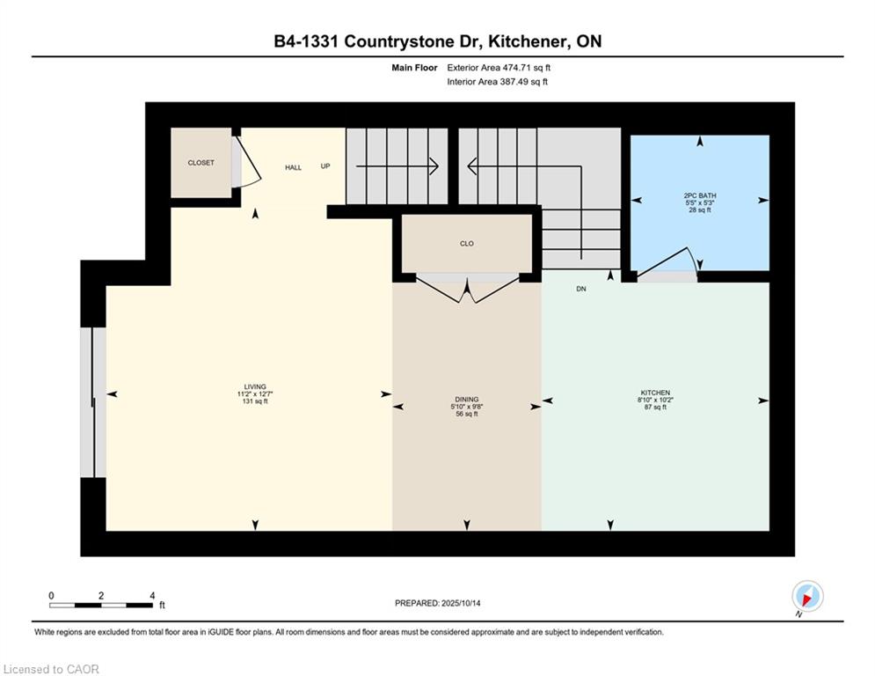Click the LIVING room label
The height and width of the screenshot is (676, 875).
[255, 386]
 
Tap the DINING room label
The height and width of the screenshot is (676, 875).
[466, 400]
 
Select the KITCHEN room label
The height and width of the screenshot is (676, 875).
[655, 393]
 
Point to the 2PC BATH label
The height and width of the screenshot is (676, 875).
[700, 195]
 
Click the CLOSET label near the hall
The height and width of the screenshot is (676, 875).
[201, 163]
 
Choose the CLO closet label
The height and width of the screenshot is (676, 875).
[466, 244]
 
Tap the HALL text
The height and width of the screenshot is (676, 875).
[293, 167]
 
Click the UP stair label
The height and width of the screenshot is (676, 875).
[325, 166]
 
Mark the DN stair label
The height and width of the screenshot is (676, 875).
[581, 289]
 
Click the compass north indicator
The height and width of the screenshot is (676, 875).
[807, 597]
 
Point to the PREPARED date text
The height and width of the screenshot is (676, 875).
[438, 603]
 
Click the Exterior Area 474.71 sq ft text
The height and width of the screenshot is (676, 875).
[499, 68]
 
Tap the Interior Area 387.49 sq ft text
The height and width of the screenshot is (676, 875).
[497, 82]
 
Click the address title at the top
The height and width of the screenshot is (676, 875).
[438, 41]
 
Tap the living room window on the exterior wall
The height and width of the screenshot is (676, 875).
[92, 402]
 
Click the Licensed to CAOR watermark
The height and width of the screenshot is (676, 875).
[51, 669]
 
